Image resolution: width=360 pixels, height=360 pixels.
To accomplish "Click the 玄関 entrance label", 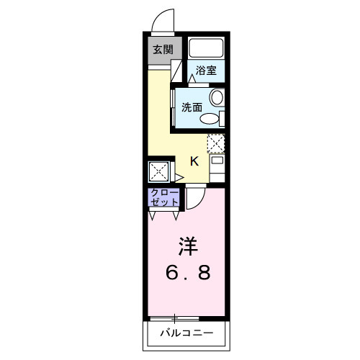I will tap(163, 50).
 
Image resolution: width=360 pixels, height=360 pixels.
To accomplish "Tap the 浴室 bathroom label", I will tap(206, 71).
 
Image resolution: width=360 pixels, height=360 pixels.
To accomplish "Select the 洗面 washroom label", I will tap(192, 107).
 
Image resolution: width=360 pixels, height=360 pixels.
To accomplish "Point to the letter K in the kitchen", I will tap(194, 161).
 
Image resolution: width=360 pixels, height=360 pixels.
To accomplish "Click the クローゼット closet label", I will tap(165, 198).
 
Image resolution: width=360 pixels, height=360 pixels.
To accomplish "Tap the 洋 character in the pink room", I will tap(188, 246).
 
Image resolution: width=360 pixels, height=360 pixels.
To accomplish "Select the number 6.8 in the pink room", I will tap(189, 274).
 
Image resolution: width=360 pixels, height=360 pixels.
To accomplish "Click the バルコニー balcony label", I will tap(186, 333).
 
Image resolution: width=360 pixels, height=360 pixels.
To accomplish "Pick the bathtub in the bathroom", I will tap(207, 48).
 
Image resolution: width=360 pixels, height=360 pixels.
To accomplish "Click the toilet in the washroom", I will tap(210, 118).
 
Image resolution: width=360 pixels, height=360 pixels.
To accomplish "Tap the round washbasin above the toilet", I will tap(216, 99).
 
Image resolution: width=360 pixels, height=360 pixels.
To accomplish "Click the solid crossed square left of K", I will tap(158, 172).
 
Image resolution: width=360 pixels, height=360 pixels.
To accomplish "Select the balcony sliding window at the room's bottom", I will tap(174, 318).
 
